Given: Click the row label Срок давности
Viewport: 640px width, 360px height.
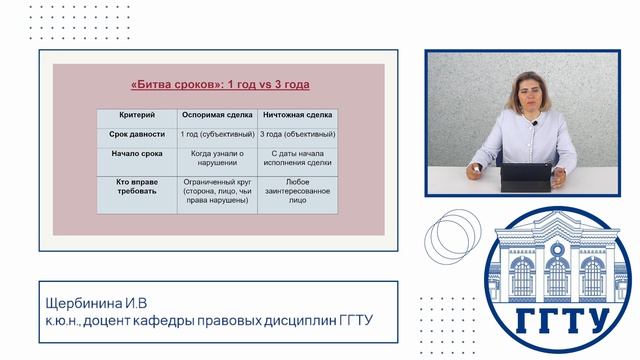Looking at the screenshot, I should (x=136, y=134).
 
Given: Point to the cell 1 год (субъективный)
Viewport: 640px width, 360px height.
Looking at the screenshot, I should (x=216, y=134).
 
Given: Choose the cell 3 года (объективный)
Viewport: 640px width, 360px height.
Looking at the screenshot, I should (x=297, y=134).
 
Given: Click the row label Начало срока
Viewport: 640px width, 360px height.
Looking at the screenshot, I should (x=136, y=154).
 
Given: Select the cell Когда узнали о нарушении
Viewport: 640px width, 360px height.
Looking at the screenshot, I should (x=216, y=160).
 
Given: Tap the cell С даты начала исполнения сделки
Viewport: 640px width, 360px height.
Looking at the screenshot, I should (x=297, y=160).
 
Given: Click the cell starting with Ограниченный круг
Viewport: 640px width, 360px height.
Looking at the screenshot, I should (x=216, y=191).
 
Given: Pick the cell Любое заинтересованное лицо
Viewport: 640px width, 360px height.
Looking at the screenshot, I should (x=297, y=191).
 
